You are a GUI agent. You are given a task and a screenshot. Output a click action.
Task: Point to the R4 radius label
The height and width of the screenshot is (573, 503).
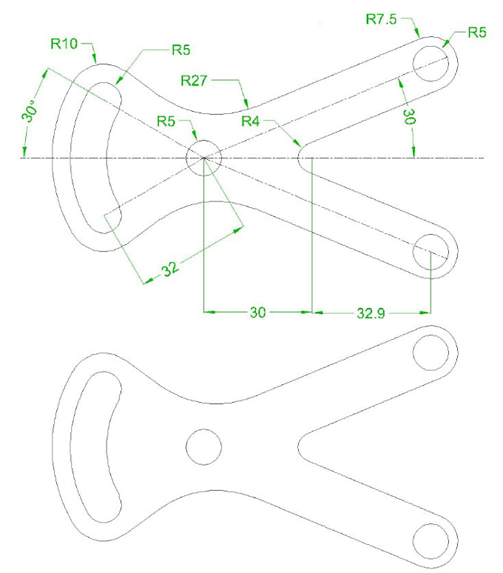(255, 121)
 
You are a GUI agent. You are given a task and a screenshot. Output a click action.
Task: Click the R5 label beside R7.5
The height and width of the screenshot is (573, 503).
(479, 33)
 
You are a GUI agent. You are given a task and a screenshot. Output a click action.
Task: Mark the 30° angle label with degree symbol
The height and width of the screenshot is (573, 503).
(29, 116)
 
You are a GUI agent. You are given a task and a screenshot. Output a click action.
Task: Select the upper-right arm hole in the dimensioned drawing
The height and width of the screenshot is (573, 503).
(431, 58)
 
